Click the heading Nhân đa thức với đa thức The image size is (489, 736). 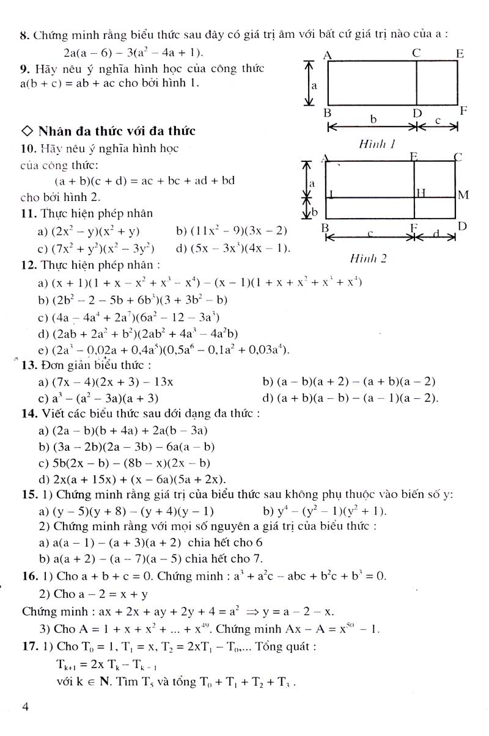click(116, 131)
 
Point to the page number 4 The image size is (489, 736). click(25, 707)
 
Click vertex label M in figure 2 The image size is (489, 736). click(463, 195)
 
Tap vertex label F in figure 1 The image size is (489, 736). click(463, 111)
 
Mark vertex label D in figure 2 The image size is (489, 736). click(462, 227)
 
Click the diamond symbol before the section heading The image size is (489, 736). click(26, 131)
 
